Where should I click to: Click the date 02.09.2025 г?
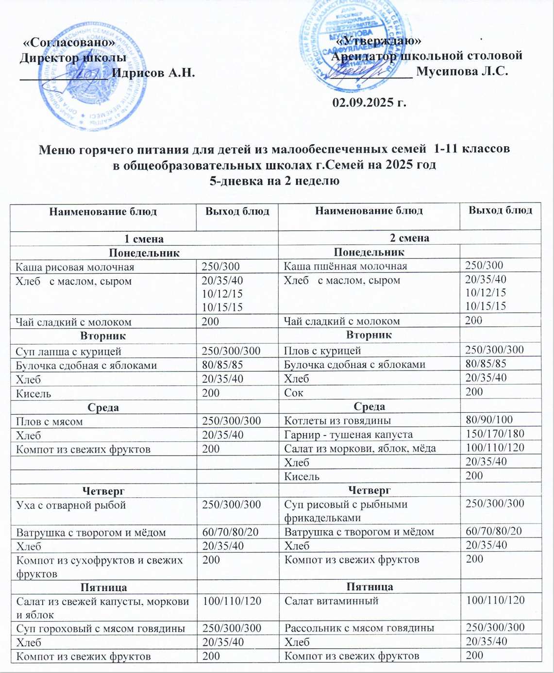pos(369,102)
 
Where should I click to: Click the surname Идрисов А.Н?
pos(153,73)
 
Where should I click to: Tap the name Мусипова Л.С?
pos(462,71)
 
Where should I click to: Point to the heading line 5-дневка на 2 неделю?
pos(274,181)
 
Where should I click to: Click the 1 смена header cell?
pos(144,238)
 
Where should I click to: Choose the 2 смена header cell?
pos(409,238)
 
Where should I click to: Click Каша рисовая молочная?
pos(75,267)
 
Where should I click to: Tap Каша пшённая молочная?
pos(345,266)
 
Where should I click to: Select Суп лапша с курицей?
pos(68,351)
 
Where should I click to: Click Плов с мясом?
pos(49,421)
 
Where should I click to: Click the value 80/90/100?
pos(489,420)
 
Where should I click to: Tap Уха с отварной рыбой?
pos(71,505)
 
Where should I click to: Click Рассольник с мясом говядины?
pos(359,628)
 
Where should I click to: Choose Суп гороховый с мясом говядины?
pos(101,628)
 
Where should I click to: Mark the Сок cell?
pos(293,392)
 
